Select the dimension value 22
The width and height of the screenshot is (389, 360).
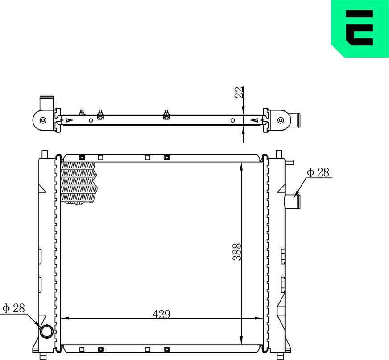[x=240, y=92]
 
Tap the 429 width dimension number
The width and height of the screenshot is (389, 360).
[x=161, y=314]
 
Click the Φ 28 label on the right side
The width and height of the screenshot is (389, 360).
[x=319, y=173]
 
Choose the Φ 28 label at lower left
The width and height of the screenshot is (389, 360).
[x=13, y=308]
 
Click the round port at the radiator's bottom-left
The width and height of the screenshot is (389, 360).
[x=46, y=331]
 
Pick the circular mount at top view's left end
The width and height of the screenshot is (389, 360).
[x=42, y=120]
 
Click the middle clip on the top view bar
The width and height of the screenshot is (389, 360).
[x=166, y=115]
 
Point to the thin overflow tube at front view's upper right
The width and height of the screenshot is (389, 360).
[x=289, y=163]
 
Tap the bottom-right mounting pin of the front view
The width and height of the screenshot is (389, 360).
[x=280, y=356]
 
